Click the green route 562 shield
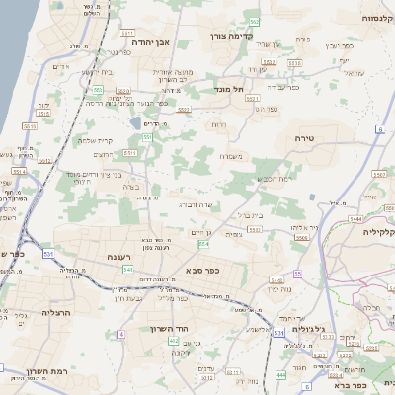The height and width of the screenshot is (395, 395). [x=255, y=21]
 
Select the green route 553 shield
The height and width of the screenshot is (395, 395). [x=99, y=90]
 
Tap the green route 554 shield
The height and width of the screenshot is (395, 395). [x=203, y=243]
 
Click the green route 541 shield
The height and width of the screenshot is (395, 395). [x=127, y=269]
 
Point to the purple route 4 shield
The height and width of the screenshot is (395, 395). [x=121, y=335]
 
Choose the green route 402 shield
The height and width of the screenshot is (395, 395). [x=174, y=341]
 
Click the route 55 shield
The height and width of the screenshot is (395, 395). [x=297, y=273]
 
